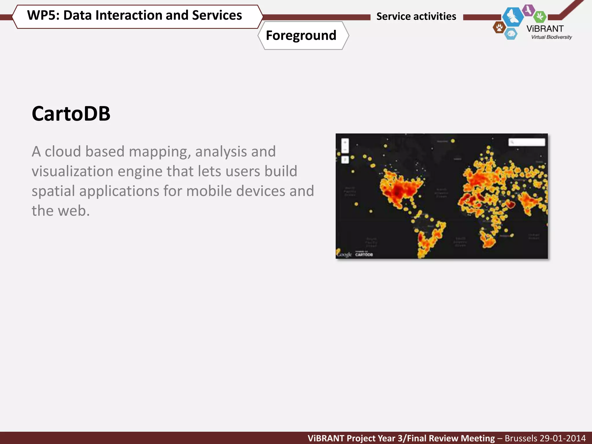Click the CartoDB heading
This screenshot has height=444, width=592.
click(x=71, y=114)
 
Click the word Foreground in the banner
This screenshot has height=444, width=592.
click(x=301, y=36)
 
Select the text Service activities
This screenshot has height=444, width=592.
click(x=416, y=16)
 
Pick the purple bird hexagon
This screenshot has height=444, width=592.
click(x=529, y=10)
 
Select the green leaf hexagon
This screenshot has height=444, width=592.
click(x=539, y=17)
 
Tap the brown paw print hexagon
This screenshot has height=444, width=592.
click(x=499, y=28)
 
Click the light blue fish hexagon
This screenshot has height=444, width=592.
click(x=511, y=34)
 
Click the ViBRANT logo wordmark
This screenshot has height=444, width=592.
click(x=545, y=29)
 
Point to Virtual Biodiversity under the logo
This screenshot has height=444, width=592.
click(x=551, y=37)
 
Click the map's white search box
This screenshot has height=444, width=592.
click(x=527, y=142)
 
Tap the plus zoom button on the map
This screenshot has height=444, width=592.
click(x=345, y=143)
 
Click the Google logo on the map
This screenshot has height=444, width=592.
click(x=344, y=255)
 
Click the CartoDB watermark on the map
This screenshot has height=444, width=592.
click(x=364, y=254)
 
